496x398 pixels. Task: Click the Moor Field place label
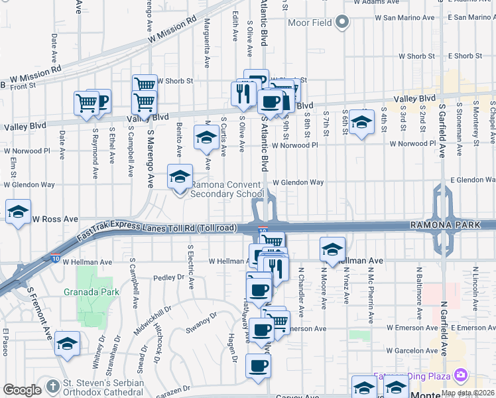coord(310,23)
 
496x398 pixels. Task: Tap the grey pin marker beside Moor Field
coord(342,23)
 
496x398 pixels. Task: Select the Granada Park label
coord(91,291)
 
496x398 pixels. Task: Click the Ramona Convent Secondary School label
coord(227,189)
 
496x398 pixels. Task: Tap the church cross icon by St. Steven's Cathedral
coord(53,387)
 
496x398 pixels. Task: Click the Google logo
coord(21,391)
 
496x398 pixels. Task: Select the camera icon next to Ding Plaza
coord(460,376)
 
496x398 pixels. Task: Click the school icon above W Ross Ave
coord(18,213)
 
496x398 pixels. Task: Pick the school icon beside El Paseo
coord(67,344)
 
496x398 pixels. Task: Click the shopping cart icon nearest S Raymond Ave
coord(87,103)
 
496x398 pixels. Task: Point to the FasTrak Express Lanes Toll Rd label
coord(156,228)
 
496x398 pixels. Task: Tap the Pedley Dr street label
coord(167,277)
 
